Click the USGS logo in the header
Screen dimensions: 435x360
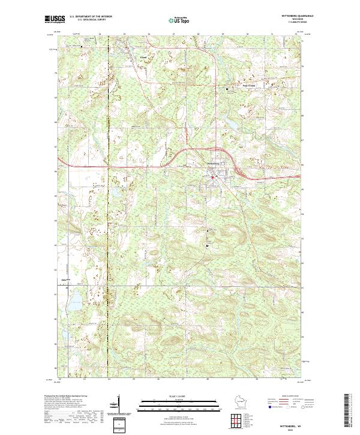[x=55, y=19]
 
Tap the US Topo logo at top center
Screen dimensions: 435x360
[x=179, y=20]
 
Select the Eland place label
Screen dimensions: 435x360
[x=126, y=58]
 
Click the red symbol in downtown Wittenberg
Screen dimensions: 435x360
[x=212, y=176]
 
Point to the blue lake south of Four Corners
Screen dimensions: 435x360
[x=230, y=124]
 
